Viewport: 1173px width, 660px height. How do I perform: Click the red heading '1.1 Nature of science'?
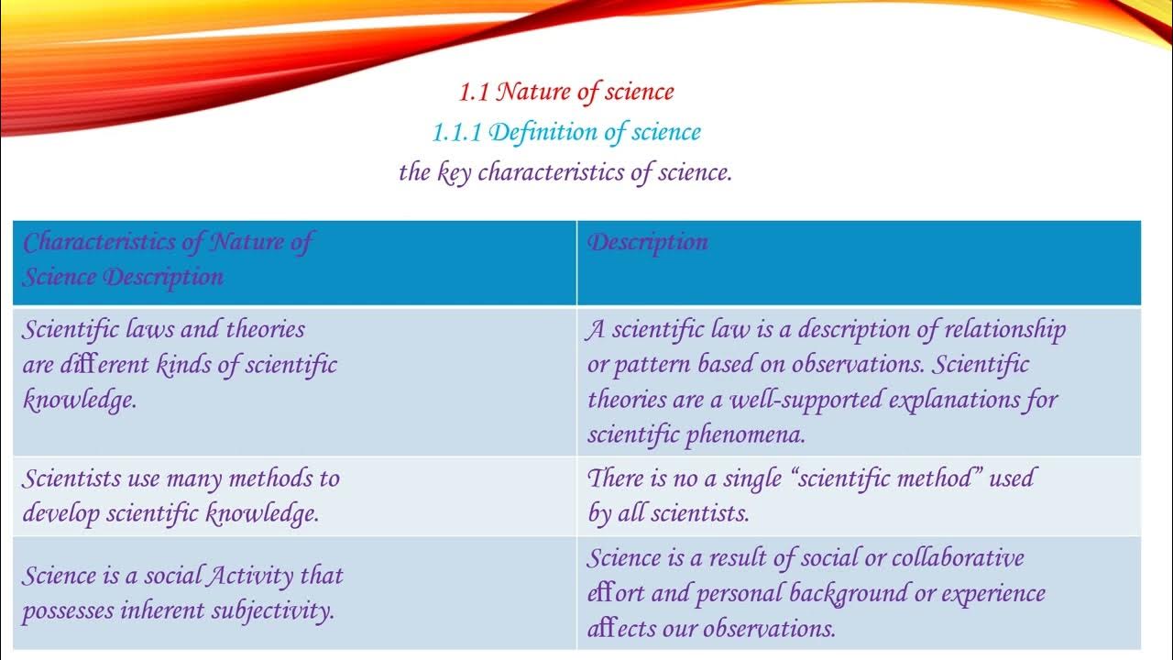tap(566, 92)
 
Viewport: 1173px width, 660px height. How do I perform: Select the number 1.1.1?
tap(457, 132)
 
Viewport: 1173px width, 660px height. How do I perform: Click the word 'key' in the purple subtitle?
tap(454, 172)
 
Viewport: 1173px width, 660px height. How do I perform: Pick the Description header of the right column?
tap(648, 242)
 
